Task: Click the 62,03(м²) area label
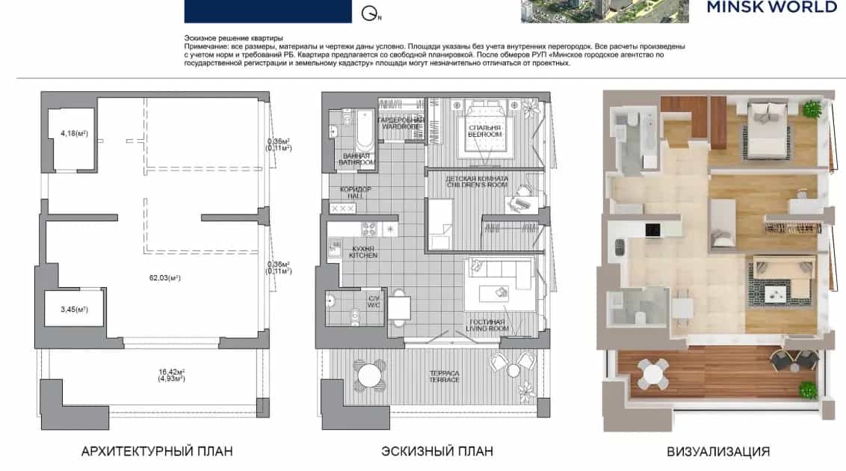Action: (164, 278)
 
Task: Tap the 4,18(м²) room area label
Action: (74, 133)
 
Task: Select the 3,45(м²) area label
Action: (74, 310)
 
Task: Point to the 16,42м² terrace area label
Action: (172, 372)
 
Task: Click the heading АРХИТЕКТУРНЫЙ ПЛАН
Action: (157, 451)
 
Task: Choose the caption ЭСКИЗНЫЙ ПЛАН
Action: (437, 451)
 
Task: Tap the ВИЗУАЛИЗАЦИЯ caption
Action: (718, 452)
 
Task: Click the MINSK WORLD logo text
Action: (772, 7)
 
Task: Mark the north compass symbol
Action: (371, 13)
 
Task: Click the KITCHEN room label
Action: (363, 255)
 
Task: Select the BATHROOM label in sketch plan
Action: (356, 162)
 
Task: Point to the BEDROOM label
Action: (484, 135)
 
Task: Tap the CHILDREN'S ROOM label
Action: (478, 185)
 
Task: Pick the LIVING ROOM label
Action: (487, 328)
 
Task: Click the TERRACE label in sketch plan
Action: (445, 380)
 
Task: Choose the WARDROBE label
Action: (401, 127)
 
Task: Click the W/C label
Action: (374, 305)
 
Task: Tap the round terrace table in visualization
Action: (653, 373)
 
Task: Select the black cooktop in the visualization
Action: (653, 230)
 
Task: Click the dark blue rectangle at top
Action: (268, 11)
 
